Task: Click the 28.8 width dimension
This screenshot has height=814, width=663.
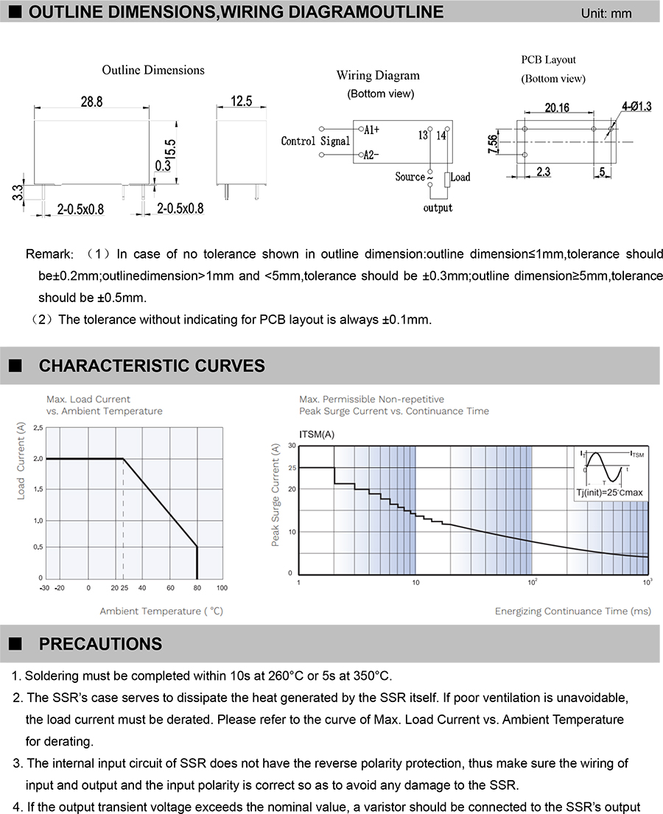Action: pos(91,102)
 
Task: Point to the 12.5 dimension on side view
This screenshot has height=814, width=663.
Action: pos(241,101)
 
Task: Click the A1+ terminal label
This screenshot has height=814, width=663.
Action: pos(371,130)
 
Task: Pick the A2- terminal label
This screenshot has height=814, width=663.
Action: pos(371,155)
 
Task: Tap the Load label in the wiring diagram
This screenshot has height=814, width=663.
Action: pos(460,177)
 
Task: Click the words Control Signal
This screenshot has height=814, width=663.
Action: pos(316,141)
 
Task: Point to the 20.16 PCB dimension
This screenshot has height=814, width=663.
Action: pos(557,108)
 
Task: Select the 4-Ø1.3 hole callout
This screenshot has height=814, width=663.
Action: pos(636,107)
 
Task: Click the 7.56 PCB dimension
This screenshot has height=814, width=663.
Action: pos(493,143)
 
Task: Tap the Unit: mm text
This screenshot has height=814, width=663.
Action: pos(606,13)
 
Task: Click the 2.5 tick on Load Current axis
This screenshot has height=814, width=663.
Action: pos(38,428)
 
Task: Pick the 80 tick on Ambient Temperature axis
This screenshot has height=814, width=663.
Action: pos(197,588)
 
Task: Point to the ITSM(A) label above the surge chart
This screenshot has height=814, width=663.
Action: pos(317,434)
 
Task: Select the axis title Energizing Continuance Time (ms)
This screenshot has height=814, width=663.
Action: pos(572,611)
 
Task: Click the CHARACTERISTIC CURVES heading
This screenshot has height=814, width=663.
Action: pos(152,365)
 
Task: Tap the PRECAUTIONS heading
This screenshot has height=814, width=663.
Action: pos(100,644)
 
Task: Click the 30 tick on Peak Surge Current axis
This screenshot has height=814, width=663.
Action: pos(292,446)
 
